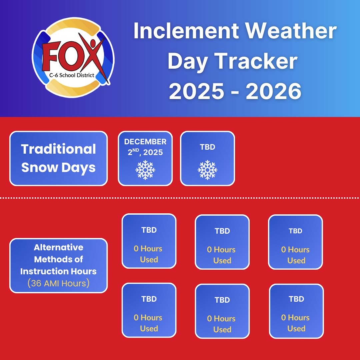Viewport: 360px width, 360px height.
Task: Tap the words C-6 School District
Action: click(72, 75)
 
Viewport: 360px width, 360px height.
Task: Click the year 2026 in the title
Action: click(273, 91)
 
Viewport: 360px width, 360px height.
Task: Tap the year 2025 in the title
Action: click(197, 91)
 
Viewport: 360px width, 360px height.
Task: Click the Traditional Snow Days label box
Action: click(59, 158)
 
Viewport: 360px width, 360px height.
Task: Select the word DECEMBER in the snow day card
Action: click(145, 142)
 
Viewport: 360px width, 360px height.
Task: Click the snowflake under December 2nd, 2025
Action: click(145, 170)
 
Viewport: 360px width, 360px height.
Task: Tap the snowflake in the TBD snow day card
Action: click(207, 170)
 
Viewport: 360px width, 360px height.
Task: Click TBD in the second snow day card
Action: click(207, 147)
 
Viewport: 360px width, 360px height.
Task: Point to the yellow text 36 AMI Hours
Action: click(59, 283)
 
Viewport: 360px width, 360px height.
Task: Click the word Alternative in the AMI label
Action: click(59, 247)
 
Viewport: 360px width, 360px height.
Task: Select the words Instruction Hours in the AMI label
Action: click(58, 271)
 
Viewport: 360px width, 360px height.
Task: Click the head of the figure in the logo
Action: click(93, 43)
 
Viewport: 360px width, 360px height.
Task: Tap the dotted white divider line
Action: click(180, 198)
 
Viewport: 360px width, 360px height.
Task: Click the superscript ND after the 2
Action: click(136, 150)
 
